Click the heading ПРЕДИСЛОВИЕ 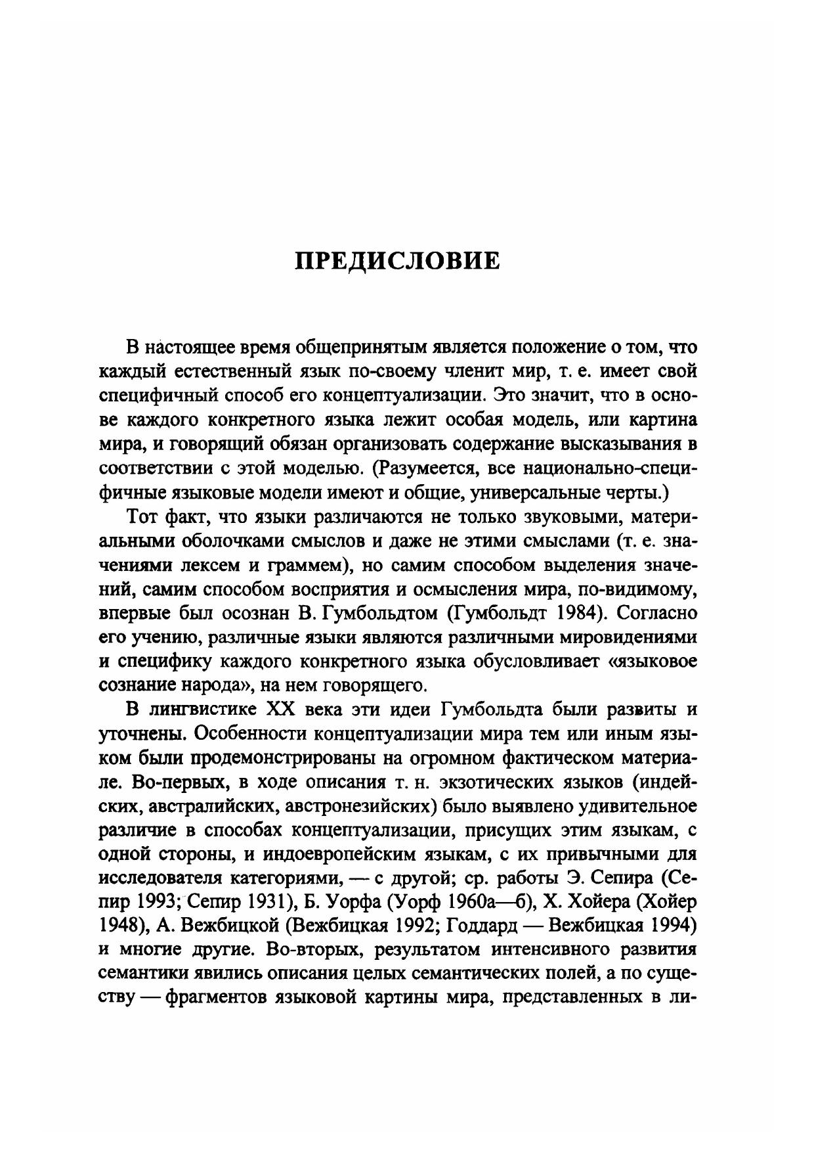pos(397,260)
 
